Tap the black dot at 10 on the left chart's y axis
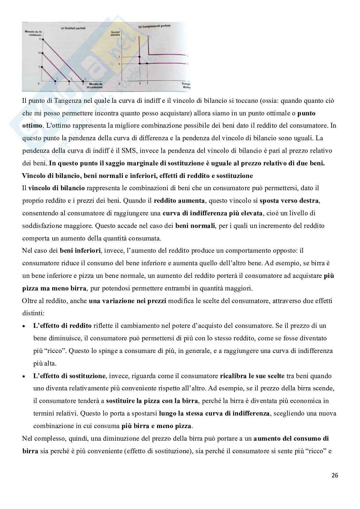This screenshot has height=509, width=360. [43, 53]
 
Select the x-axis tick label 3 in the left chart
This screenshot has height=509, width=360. [83, 84]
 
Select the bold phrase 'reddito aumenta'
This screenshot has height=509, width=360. [179, 201]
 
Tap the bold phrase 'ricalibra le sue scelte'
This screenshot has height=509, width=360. [252, 376]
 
